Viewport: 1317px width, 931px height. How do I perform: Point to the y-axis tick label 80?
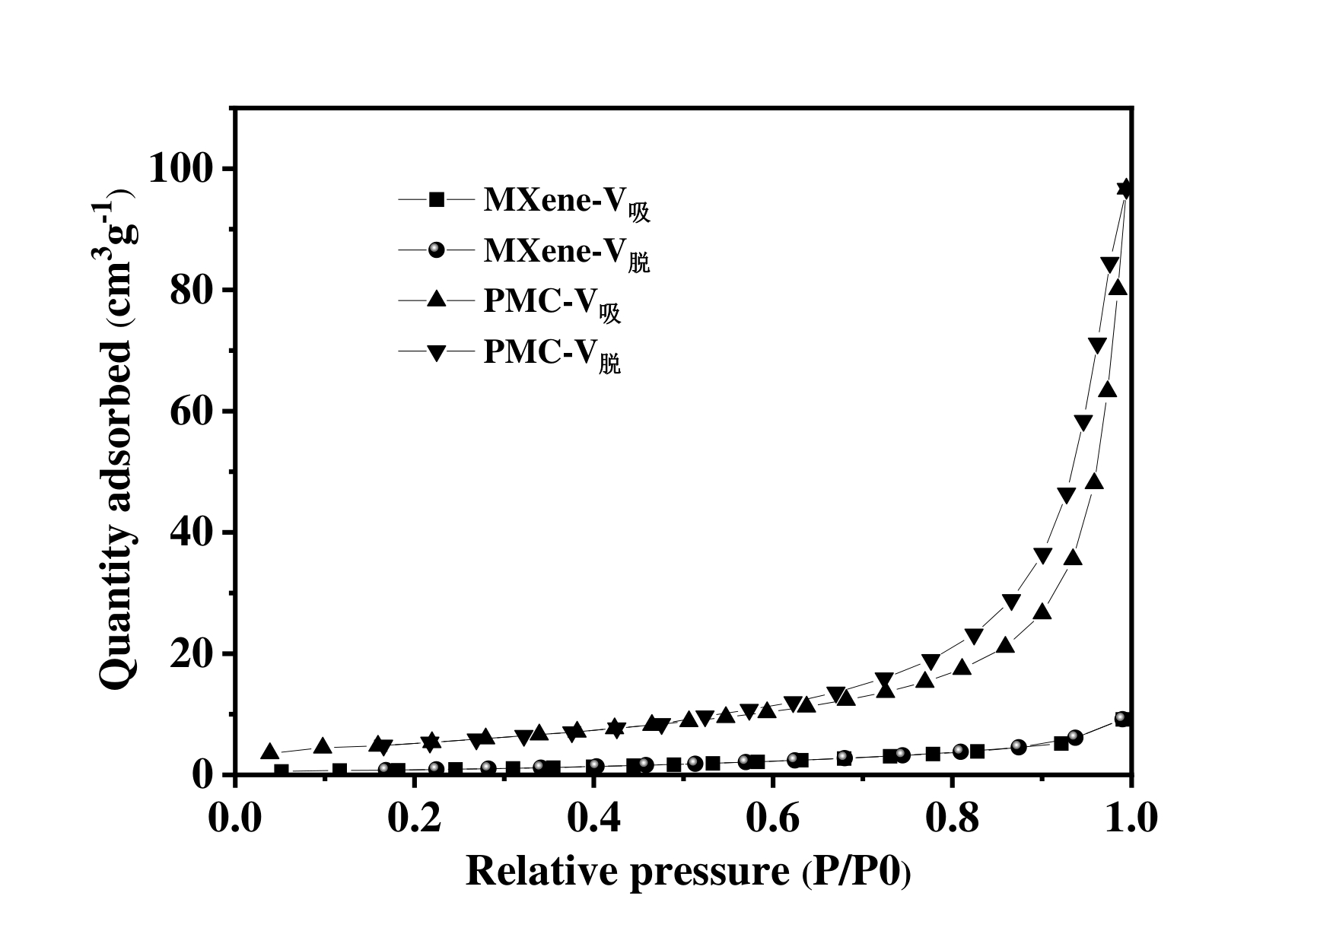[190, 290]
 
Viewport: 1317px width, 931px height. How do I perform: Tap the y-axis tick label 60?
[190, 411]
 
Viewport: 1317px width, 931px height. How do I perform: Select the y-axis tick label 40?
[190, 532]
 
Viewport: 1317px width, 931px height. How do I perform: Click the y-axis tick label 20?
[190, 653]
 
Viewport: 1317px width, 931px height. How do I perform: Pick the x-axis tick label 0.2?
[415, 819]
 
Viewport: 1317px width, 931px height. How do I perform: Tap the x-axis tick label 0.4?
[594, 819]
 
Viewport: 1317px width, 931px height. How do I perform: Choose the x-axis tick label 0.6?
[773, 819]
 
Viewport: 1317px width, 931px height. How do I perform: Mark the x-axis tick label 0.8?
[953, 819]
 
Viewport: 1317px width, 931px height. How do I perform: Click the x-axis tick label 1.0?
[1131, 819]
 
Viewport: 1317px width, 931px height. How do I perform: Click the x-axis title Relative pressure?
[688, 871]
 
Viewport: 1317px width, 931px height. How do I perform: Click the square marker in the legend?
[436, 200]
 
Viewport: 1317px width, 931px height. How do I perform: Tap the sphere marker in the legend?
[436, 250]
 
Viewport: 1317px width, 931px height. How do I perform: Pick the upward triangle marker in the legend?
[436, 301]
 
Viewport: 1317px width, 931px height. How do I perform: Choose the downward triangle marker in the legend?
[436, 352]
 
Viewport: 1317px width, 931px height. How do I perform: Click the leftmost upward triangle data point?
[269, 752]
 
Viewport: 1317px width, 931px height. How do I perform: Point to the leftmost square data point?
[282, 771]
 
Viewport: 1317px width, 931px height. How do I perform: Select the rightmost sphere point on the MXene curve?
[1122, 719]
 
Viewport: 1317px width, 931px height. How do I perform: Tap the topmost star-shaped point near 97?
[1125, 188]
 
